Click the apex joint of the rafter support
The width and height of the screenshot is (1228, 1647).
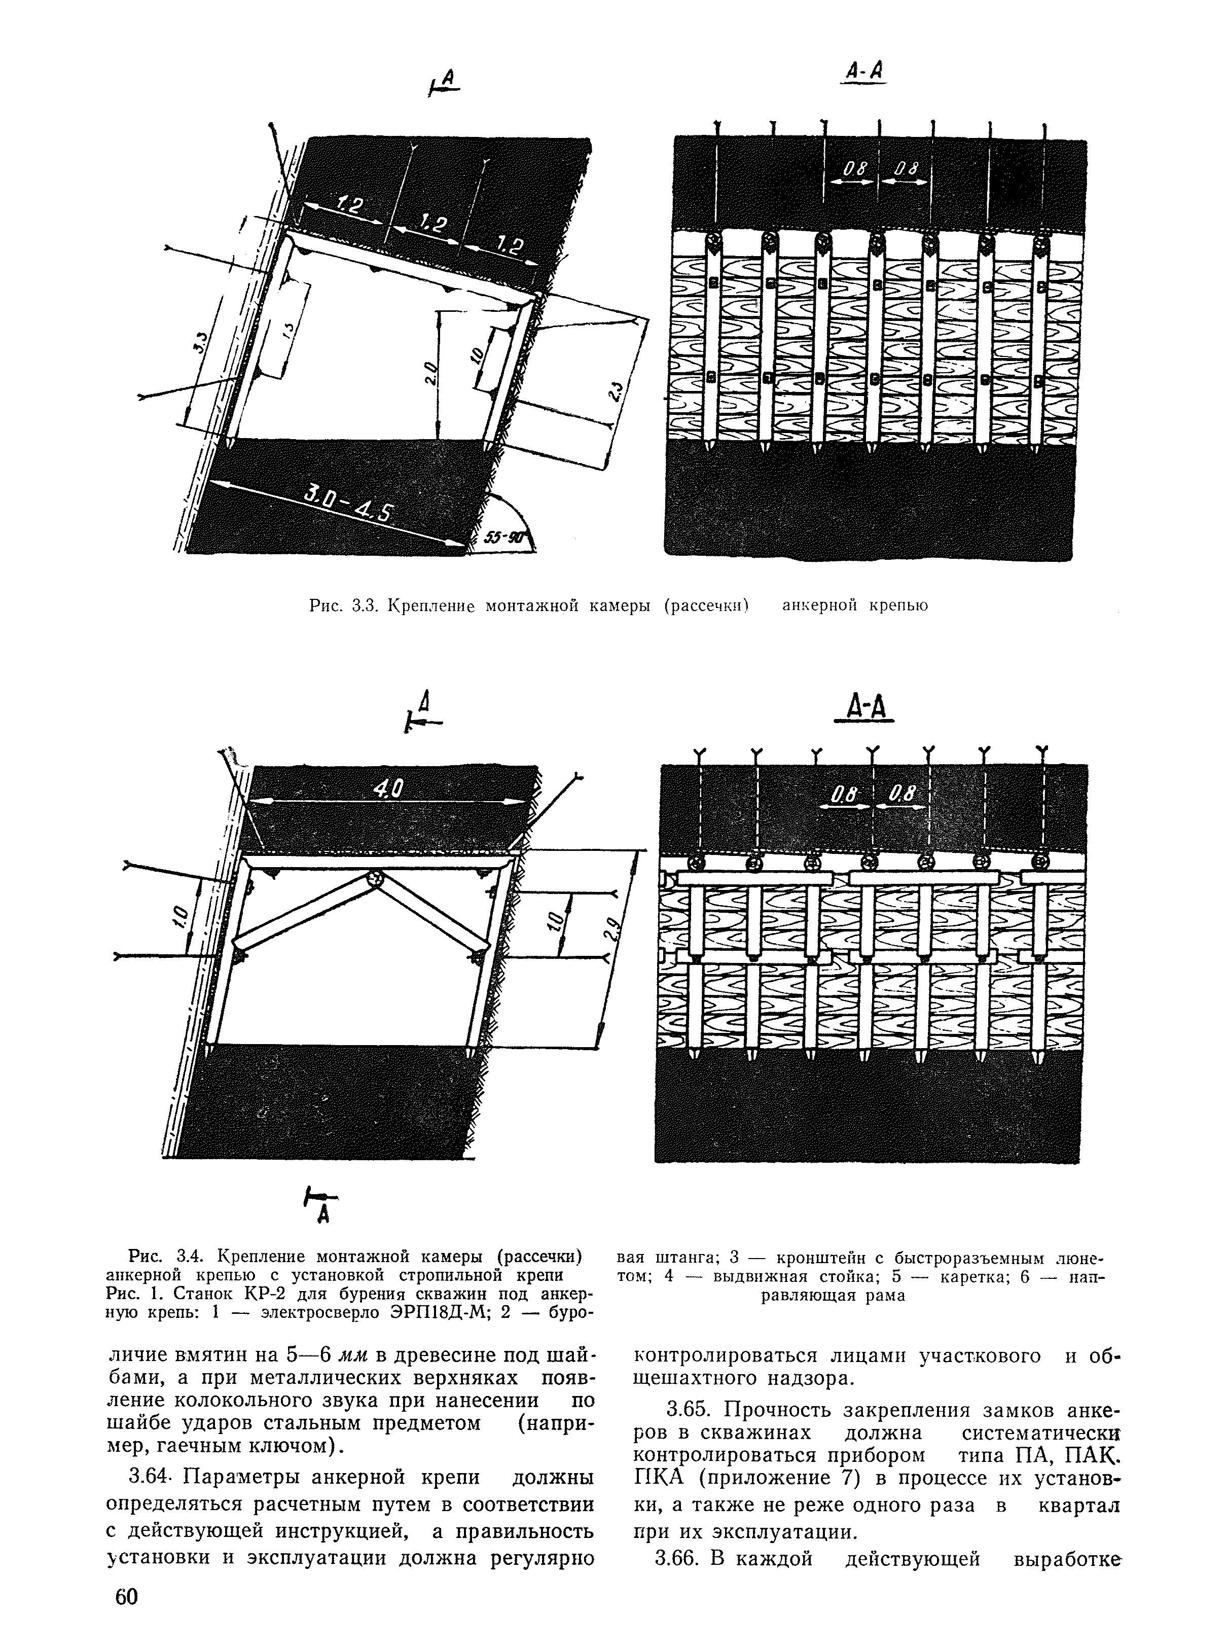(378, 878)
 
